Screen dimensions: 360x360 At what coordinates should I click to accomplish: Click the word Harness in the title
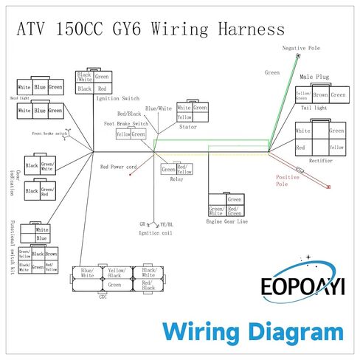[244, 30]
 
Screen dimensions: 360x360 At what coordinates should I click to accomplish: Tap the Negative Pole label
[299, 48]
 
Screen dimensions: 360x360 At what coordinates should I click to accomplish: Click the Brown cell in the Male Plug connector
[320, 94]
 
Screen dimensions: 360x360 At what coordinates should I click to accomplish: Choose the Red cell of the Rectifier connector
[301, 148]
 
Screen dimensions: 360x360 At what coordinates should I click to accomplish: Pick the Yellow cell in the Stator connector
[184, 117]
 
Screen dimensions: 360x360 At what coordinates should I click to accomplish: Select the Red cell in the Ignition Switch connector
[102, 89]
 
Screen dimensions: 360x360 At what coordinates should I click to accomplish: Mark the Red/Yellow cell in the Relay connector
[185, 169]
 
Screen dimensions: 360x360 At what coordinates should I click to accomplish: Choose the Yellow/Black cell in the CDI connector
[114, 272]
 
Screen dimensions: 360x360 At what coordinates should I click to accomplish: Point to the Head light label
[20, 97]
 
